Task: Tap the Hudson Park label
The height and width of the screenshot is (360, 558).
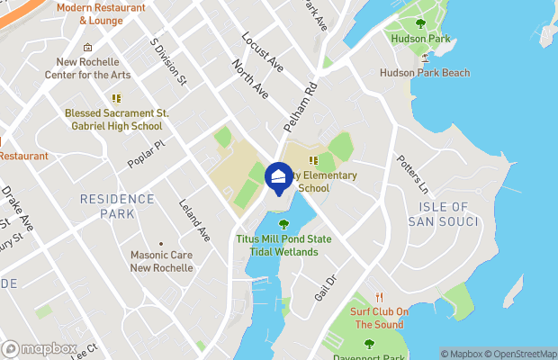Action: click(x=420, y=39)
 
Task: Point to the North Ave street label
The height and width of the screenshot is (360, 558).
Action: click(x=250, y=79)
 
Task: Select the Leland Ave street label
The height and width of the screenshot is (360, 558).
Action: click(x=193, y=219)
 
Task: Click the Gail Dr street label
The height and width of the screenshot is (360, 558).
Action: click(x=325, y=287)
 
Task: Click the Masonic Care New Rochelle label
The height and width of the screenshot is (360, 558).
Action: click(x=161, y=262)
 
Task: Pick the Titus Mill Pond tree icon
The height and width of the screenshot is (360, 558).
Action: click(x=284, y=224)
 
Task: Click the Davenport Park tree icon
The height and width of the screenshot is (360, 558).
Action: click(x=368, y=343)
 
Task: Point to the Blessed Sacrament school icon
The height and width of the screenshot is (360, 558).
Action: click(x=115, y=98)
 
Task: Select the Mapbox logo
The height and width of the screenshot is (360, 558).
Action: click(x=40, y=348)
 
